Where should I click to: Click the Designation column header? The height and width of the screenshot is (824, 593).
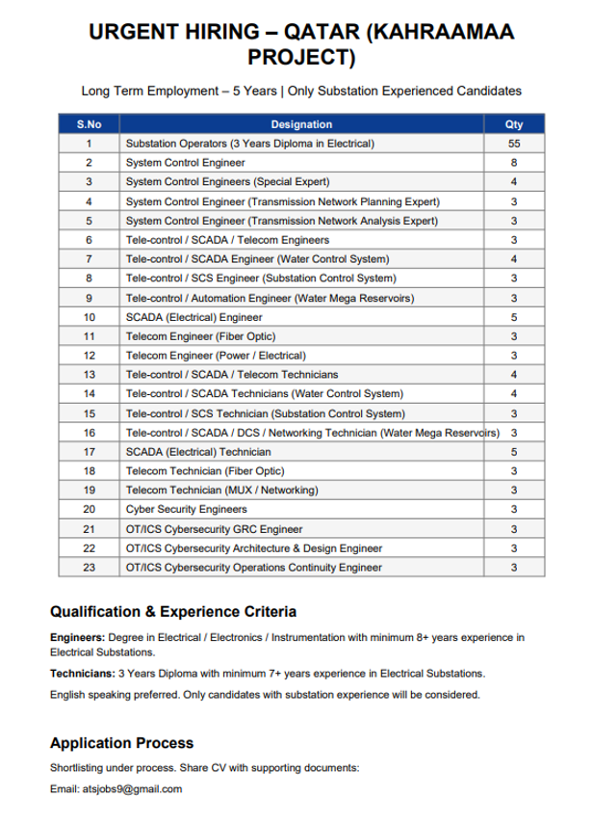[x=301, y=124]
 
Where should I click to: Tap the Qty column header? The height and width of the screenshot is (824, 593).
[x=514, y=124]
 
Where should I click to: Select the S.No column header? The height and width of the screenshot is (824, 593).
[x=89, y=124]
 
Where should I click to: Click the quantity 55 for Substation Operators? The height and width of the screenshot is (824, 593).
[x=514, y=144]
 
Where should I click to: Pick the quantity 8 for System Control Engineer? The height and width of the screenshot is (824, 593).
[x=514, y=163]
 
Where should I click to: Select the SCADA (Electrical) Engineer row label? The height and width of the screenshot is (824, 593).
[x=194, y=316]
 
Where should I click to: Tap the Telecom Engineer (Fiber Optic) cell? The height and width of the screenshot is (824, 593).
[x=201, y=335]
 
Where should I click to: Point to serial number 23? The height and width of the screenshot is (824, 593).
[x=89, y=567]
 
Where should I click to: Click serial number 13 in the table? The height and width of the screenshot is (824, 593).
[x=89, y=374]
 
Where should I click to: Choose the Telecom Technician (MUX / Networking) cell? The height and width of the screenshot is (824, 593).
[x=221, y=490]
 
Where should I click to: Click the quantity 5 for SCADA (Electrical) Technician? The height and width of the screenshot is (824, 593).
[x=514, y=451]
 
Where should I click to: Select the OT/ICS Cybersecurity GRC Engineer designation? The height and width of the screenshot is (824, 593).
[x=215, y=528]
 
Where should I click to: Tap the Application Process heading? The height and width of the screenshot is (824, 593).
[x=121, y=743]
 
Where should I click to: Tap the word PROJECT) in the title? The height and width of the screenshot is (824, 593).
[x=301, y=59]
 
